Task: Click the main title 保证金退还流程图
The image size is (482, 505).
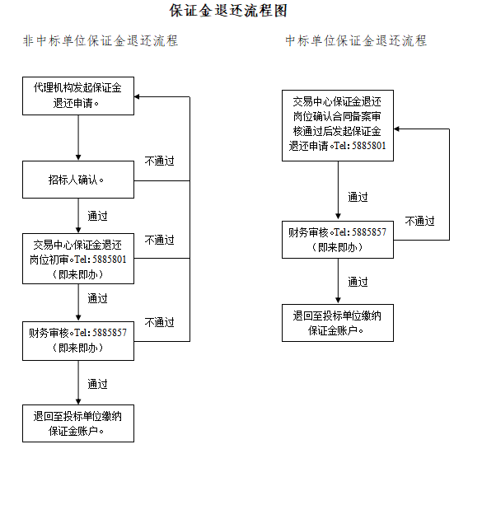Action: pyautogui.click(x=228, y=11)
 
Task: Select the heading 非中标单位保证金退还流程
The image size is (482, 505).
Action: pyautogui.click(x=101, y=41)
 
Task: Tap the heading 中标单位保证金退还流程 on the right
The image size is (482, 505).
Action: pyautogui.click(x=356, y=41)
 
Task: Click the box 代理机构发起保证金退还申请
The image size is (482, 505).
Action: pyautogui.click(x=78, y=96)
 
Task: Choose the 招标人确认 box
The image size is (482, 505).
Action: pyautogui.click(x=78, y=180)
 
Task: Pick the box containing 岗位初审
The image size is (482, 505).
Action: pyautogui.click(x=78, y=259)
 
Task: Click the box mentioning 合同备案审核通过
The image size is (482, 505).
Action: pyautogui.click(x=338, y=125)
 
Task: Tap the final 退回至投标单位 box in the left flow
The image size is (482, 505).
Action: pyautogui.click(x=78, y=423)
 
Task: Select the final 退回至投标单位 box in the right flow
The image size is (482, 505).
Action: pyautogui.click(x=338, y=323)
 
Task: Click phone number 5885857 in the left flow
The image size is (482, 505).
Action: pyautogui.click(x=110, y=333)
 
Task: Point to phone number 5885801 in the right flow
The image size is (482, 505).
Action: pyautogui.click(x=369, y=146)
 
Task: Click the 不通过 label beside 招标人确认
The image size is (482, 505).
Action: pyautogui.click(x=160, y=161)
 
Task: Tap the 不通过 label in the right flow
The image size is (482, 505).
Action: pyautogui.click(x=420, y=222)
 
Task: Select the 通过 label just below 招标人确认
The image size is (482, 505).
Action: pyautogui.click(x=97, y=216)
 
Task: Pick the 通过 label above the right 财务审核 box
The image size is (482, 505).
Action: pyautogui.click(x=358, y=197)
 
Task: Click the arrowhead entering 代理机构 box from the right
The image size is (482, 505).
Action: pyautogui.click(x=137, y=96)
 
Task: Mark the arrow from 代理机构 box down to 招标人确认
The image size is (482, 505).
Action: pyautogui.click(x=78, y=138)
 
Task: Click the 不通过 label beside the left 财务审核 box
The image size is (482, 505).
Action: pyautogui.click(x=160, y=322)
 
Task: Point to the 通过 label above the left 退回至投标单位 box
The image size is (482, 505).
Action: pyautogui.click(x=97, y=384)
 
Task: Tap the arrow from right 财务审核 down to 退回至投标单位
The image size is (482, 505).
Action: pyautogui.click(x=338, y=281)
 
